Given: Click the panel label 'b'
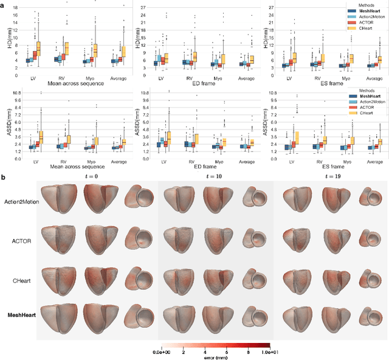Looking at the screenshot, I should pyautogui.click(x=3, y=177).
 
